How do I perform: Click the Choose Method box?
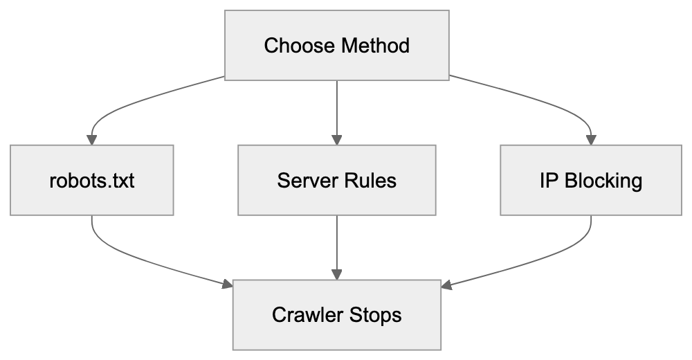(337, 45)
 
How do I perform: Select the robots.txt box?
(91, 181)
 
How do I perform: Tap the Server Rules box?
(337, 181)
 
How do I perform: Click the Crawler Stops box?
(337, 315)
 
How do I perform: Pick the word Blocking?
(603, 181)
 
